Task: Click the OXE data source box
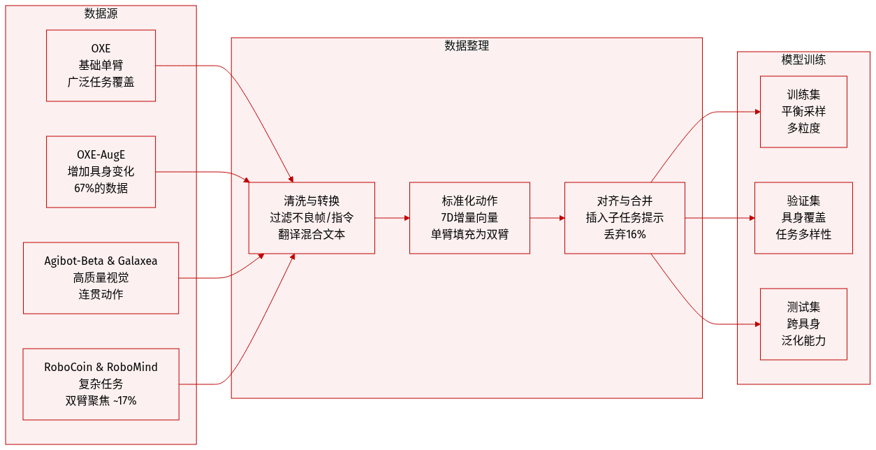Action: point(101,66)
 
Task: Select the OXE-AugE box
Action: point(101,172)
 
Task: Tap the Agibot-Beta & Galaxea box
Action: point(101,277)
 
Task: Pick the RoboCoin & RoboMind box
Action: point(101,384)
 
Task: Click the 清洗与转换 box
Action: point(312,218)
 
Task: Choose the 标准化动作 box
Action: point(469,218)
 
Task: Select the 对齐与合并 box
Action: point(625,218)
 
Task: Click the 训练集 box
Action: point(803,112)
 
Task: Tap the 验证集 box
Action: point(803,218)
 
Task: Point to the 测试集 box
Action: point(803,324)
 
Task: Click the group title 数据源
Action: point(101,13)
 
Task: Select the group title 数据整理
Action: point(467,46)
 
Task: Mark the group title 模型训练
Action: point(803,60)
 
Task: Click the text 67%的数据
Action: point(101,188)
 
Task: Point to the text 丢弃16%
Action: point(625,234)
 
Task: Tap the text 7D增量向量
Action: point(469,218)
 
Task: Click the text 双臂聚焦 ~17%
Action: point(101,400)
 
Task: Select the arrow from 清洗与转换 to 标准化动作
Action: point(392,218)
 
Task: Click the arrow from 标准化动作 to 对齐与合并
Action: point(547,218)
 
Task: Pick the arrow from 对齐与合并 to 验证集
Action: point(720,218)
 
